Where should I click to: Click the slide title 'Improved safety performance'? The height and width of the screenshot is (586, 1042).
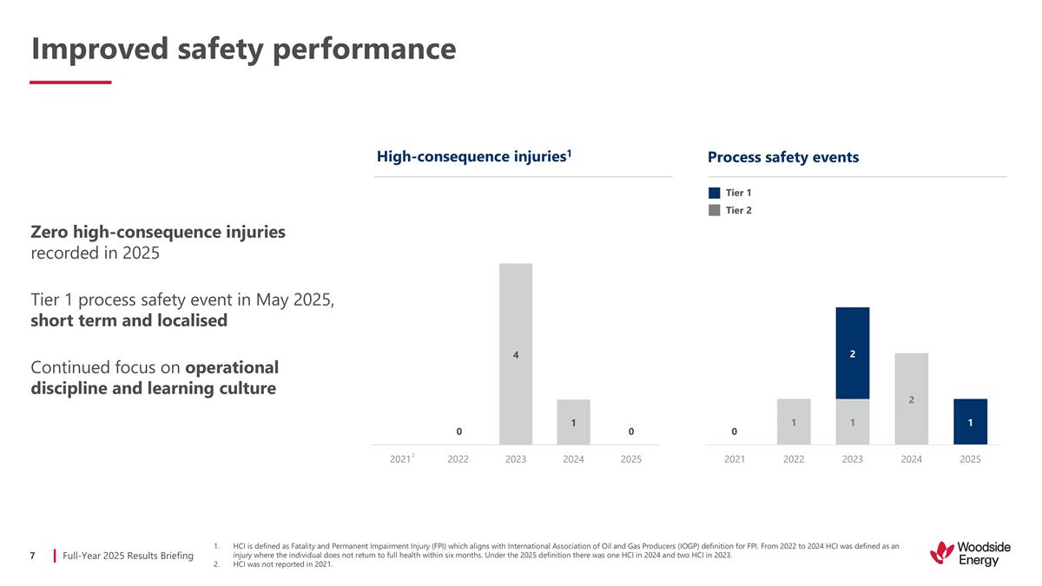243,49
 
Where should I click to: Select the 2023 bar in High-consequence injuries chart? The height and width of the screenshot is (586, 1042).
516,353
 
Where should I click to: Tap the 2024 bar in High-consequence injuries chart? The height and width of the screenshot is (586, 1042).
573,422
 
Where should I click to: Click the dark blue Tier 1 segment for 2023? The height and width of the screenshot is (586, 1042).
852,353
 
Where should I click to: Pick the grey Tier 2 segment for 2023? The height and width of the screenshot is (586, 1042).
852,422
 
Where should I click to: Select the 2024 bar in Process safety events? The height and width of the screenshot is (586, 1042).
911,398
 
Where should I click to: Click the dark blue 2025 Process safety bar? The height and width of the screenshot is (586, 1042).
970,422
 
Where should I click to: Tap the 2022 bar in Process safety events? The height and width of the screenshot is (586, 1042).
794,422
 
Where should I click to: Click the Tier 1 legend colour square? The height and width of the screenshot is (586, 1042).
714,193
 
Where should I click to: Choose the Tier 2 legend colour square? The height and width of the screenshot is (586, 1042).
714,210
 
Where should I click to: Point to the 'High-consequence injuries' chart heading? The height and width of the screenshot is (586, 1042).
473,156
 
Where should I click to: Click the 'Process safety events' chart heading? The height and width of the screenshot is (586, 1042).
782,157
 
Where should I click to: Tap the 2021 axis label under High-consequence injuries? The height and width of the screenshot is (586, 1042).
400,458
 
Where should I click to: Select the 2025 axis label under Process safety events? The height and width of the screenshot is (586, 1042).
970,458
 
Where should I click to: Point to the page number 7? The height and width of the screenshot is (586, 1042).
32,555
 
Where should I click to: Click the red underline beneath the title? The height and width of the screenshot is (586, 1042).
70,82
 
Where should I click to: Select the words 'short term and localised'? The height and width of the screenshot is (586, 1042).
129,320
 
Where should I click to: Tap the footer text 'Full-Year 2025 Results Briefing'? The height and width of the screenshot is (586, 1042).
128,555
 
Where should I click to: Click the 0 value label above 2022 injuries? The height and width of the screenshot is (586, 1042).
458,431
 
